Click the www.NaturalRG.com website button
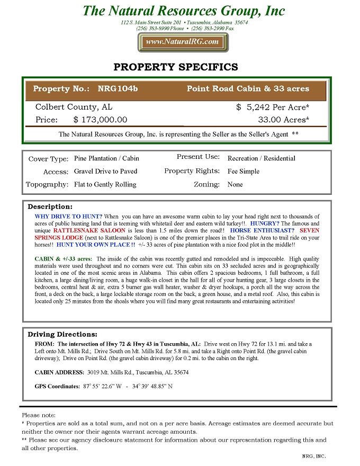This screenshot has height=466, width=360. coord(182,42)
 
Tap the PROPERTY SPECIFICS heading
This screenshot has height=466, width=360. coord(176,67)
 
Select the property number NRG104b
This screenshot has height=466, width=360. coord(118,89)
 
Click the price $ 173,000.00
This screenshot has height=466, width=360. coord(100,120)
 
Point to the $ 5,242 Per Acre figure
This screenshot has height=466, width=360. coord(273,107)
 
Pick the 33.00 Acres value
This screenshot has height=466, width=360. coord(283,120)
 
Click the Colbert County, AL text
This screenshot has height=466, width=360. coord(74,107)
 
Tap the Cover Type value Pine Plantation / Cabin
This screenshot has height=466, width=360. coord(106,158)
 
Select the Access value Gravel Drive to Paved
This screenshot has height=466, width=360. coord(105,172)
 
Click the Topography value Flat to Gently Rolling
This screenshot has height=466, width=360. coord(105,185)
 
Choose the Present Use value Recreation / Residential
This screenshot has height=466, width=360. coord(261,158)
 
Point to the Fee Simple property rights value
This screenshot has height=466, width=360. coord(243,172)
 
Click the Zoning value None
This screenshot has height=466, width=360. coord(235,185)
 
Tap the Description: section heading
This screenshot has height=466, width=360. coord(50,207)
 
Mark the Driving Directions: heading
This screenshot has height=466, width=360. coord(62,335)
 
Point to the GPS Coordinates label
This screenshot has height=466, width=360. coord(57,387)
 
